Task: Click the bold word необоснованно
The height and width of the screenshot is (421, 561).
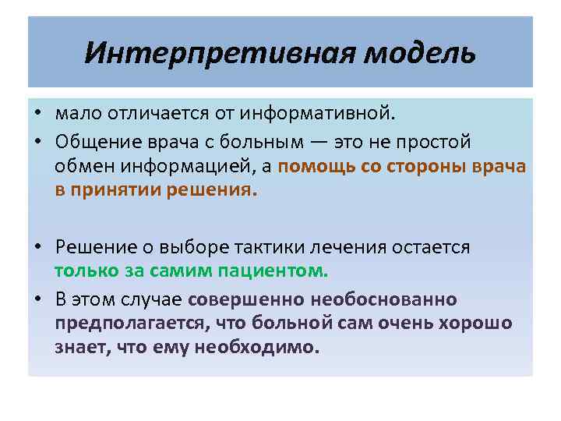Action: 383,299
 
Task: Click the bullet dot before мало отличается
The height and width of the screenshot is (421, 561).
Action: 37,115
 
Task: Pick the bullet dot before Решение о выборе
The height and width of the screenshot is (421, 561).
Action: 37,248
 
